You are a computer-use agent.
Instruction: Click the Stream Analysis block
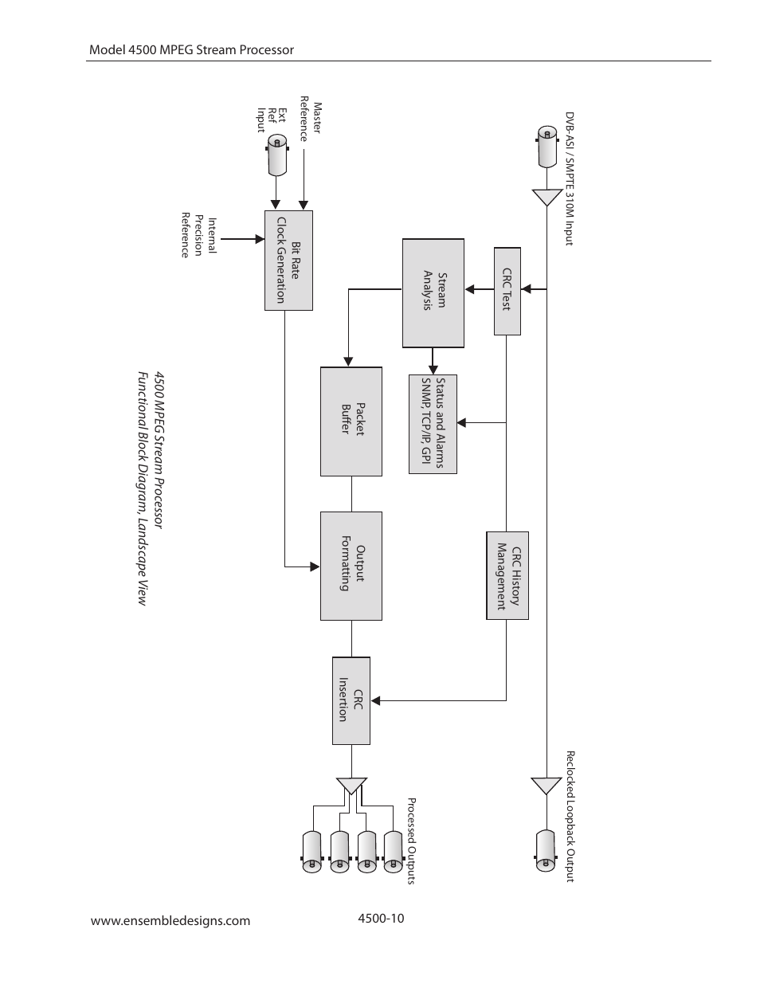click(433, 292)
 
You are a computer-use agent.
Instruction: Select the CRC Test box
click(507, 291)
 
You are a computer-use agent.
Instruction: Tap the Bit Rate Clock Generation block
click(288, 261)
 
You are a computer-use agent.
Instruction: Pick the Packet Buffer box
click(351, 421)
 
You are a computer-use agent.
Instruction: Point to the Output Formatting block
click(351, 566)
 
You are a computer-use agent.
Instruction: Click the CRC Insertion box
click(351, 700)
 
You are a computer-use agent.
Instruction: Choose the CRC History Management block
click(507, 575)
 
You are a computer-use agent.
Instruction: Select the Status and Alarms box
click(433, 424)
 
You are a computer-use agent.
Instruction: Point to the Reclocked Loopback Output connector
click(546, 851)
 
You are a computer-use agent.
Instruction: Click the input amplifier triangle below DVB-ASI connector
click(546, 197)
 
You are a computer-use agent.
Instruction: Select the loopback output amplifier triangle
click(546, 786)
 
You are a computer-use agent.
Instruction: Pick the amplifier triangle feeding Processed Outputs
click(351, 786)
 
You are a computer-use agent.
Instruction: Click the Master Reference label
click(310, 119)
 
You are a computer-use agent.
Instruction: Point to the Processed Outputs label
click(412, 841)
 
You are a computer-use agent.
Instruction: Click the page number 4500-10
click(382, 919)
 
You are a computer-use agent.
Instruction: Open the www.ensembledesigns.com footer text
click(170, 921)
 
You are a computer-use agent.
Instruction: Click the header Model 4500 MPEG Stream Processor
click(191, 49)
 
